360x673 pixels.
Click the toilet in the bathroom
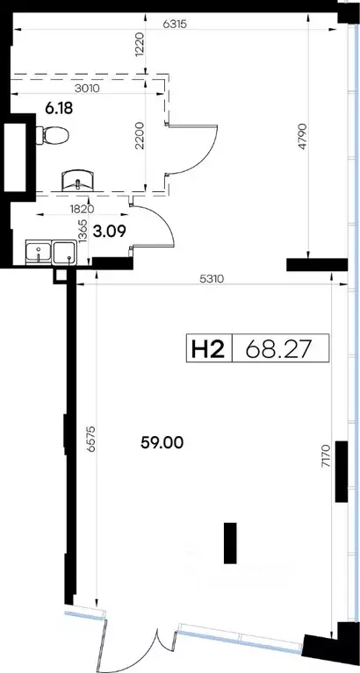pos(53,136)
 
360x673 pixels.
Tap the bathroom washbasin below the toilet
pos(78,180)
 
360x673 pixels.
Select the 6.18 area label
pos(59,108)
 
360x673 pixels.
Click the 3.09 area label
pos(112,232)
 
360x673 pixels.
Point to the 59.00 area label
pos(162,442)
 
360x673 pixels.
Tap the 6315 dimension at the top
pos(175,25)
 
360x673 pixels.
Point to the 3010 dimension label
pos(87,89)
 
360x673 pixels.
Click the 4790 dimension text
pos(302,137)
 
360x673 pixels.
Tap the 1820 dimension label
pos(82,210)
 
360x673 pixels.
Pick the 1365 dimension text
pos(84,232)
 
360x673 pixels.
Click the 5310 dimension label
pos(212,279)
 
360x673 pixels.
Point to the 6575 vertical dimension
pos(90,439)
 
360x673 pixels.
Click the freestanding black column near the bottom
pos(230,543)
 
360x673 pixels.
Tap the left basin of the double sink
pos(39,251)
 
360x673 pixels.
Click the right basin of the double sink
pos(64,252)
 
